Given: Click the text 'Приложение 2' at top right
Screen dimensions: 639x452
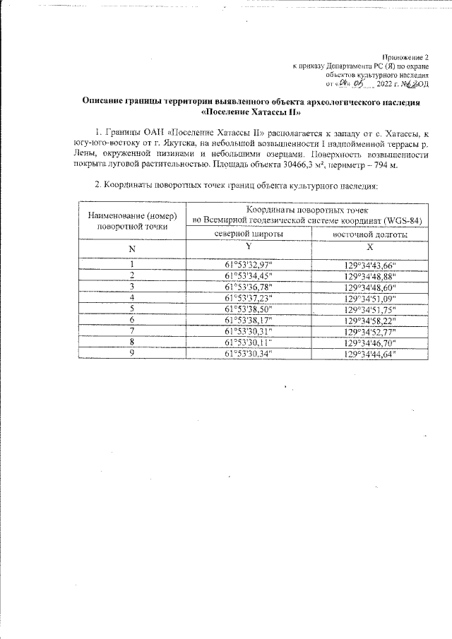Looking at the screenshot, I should (405, 56).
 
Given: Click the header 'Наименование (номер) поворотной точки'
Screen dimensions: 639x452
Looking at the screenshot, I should (132, 221).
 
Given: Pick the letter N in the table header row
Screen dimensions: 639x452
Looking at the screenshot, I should (132, 249).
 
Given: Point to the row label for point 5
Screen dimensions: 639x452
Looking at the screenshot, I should (132, 309).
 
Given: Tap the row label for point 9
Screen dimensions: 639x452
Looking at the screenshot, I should (132, 353).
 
